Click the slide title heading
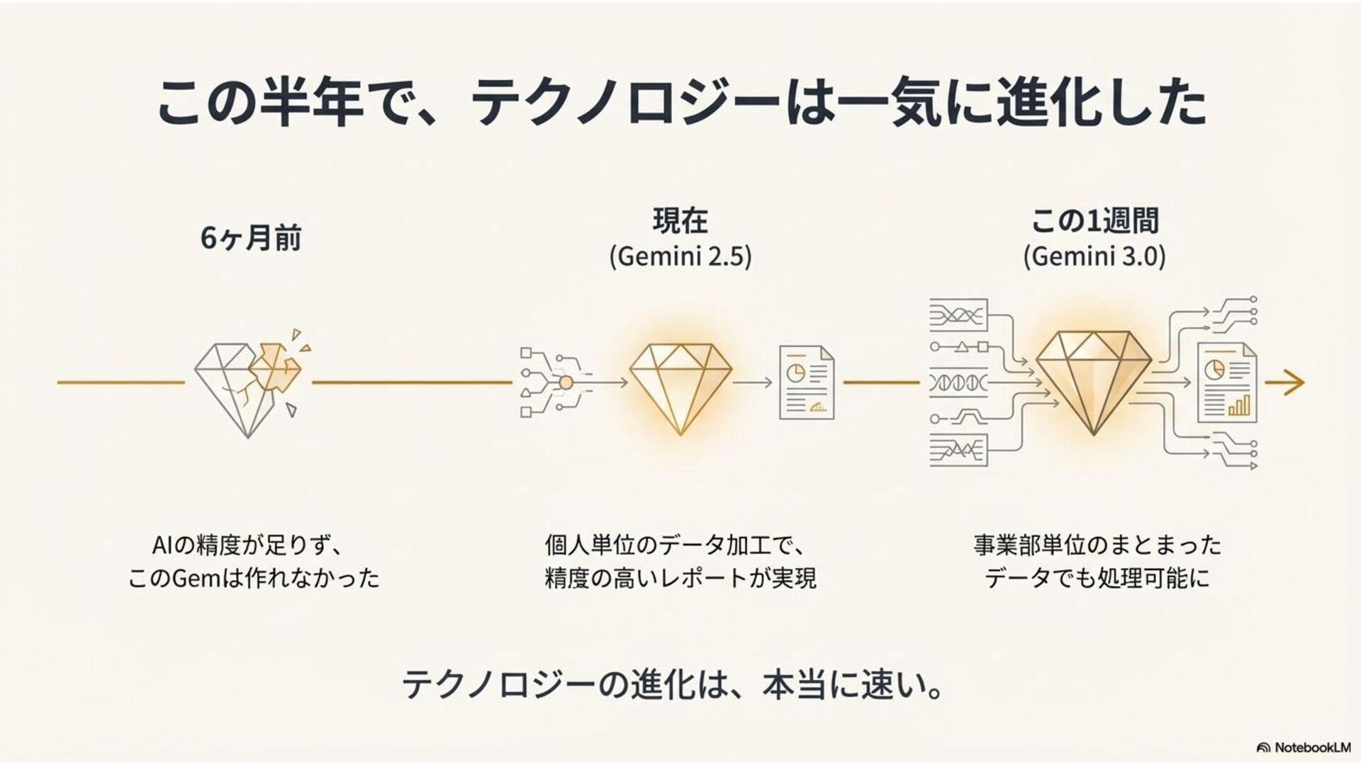tap(680, 103)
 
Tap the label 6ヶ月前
tap(251, 238)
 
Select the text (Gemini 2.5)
tap(680, 256)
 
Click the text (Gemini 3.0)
tap(1094, 256)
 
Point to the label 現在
tap(680, 221)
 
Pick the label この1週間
tap(1094, 221)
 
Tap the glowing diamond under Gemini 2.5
tap(680, 386)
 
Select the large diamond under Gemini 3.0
tap(1094, 382)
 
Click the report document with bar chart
tap(1226, 382)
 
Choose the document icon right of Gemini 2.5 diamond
tap(806, 382)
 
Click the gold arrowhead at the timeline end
tap(1294, 382)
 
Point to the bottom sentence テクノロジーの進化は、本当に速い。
tap(672, 685)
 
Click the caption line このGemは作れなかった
tap(253, 578)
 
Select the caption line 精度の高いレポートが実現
tap(680, 578)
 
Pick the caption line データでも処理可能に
tap(1097, 578)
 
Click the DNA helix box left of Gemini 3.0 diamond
tap(958, 383)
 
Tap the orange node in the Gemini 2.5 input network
tap(566, 382)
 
